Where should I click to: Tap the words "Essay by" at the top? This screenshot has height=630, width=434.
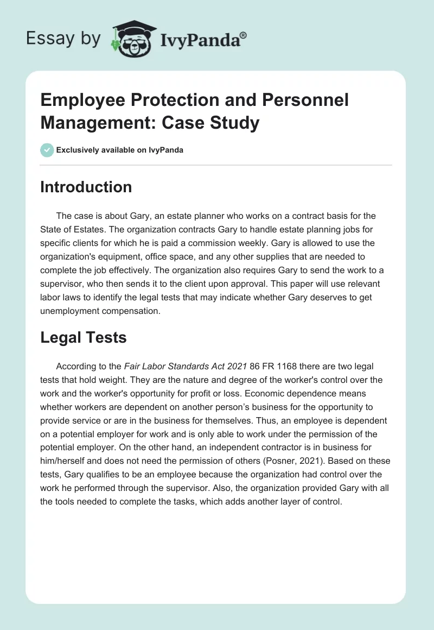(x=63, y=39)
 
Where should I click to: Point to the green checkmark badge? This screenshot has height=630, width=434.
(x=47, y=150)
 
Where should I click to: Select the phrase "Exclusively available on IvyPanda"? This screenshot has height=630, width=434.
(x=120, y=150)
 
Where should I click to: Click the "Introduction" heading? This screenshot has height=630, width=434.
(x=86, y=187)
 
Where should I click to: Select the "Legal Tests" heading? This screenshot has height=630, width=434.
(x=84, y=337)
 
